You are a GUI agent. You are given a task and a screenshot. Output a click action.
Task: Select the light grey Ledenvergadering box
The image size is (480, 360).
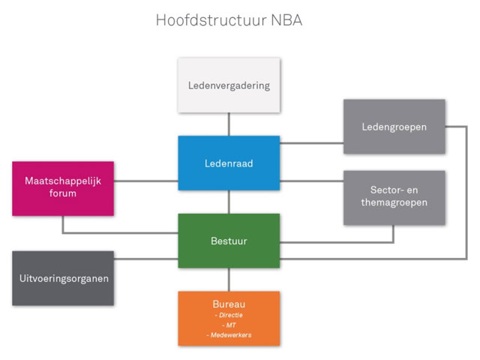[x=229, y=85]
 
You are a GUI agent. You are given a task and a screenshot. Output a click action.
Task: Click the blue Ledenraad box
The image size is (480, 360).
[x=229, y=163]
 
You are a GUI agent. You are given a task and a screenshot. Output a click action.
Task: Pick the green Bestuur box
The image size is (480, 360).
[x=229, y=241]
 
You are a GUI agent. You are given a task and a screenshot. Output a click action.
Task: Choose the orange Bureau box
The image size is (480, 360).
[x=229, y=318]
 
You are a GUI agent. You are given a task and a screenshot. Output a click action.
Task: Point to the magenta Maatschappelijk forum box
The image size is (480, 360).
[x=63, y=188]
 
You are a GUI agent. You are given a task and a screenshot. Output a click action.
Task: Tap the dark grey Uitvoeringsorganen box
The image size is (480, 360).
[x=63, y=278]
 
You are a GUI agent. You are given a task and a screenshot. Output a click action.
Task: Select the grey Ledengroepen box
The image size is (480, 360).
[x=394, y=127]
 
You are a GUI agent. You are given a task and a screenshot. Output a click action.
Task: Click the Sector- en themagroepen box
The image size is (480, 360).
[x=394, y=197]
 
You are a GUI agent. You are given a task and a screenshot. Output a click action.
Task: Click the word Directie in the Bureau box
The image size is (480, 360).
[x=229, y=315]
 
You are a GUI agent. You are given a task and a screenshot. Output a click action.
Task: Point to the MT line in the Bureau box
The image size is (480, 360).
[x=229, y=325]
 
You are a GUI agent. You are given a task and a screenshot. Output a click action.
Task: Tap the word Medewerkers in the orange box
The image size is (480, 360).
[x=229, y=334]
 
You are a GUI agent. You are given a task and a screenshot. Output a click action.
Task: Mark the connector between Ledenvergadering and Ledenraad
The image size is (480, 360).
[x=229, y=124]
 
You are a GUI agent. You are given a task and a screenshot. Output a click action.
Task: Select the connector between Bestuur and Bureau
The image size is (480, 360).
[x=229, y=279]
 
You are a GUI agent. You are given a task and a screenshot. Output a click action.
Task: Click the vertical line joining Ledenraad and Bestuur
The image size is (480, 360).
[x=229, y=202]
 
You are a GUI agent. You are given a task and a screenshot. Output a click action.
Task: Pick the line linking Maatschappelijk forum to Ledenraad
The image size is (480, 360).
[x=145, y=180]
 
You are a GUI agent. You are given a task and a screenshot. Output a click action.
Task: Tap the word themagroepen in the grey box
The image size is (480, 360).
[x=394, y=203]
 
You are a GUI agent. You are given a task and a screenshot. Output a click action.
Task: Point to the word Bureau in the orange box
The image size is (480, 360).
[x=229, y=304]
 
